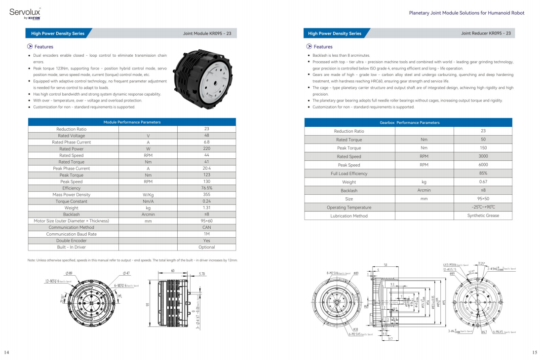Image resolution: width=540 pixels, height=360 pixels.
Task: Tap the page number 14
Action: (x=7, y=352)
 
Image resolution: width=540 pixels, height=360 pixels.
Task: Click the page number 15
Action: (x=534, y=352)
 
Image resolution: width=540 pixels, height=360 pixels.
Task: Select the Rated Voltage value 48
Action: (x=206, y=136)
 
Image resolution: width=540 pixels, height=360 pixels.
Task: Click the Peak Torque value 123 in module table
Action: (x=206, y=175)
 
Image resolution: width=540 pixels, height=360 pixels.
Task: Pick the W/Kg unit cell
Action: (x=148, y=195)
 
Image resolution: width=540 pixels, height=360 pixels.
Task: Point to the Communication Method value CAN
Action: (x=206, y=227)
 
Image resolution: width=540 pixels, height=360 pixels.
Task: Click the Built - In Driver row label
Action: (x=72, y=247)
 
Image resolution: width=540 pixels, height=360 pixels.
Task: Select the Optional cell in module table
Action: (x=206, y=247)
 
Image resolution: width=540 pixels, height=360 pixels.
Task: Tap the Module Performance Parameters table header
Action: (x=132, y=122)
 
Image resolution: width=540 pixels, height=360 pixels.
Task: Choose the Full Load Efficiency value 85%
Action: (x=483, y=174)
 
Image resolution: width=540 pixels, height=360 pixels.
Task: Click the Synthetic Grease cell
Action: (x=483, y=216)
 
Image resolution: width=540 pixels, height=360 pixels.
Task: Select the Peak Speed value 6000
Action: (x=483, y=165)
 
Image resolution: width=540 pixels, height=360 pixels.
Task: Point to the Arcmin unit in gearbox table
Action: (x=424, y=190)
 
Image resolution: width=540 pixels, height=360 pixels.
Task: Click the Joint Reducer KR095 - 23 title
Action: (x=486, y=34)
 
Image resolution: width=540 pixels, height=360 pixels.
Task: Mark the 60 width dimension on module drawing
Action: (x=173, y=271)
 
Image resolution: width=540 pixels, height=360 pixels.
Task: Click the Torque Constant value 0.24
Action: (x=206, y=201)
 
